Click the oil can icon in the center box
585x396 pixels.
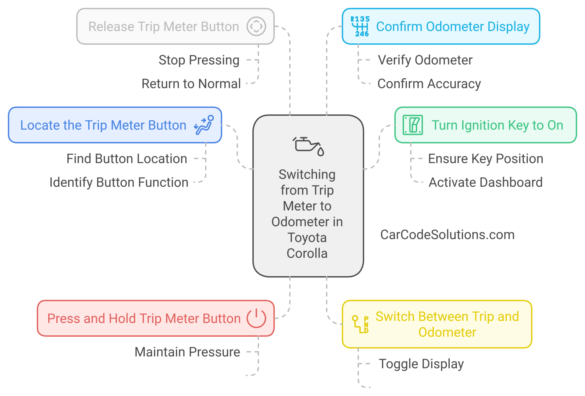(308, 146)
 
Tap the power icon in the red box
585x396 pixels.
(256, 318)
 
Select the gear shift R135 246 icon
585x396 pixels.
(360, 26)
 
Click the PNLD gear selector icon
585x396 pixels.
(360, 325)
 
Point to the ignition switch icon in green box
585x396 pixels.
(412, 125)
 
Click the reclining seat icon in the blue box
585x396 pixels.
(204, 125)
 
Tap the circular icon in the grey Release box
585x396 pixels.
(256, 26)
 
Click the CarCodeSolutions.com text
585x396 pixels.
(447, 235)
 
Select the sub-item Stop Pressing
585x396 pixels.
(199, 60)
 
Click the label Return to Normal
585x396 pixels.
(191, 84)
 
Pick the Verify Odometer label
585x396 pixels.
(425, 60)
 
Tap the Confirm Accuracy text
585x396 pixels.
(429, 84)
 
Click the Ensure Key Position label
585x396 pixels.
(485, 159)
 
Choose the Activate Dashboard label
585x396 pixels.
(485, 182)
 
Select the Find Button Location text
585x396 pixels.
(127, 159)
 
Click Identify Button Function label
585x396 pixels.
(119, 182)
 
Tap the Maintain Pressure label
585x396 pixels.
(187, 352)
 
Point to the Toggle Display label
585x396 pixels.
(421, 364)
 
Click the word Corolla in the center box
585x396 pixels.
(307, 253)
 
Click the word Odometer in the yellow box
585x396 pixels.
(447, 332)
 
